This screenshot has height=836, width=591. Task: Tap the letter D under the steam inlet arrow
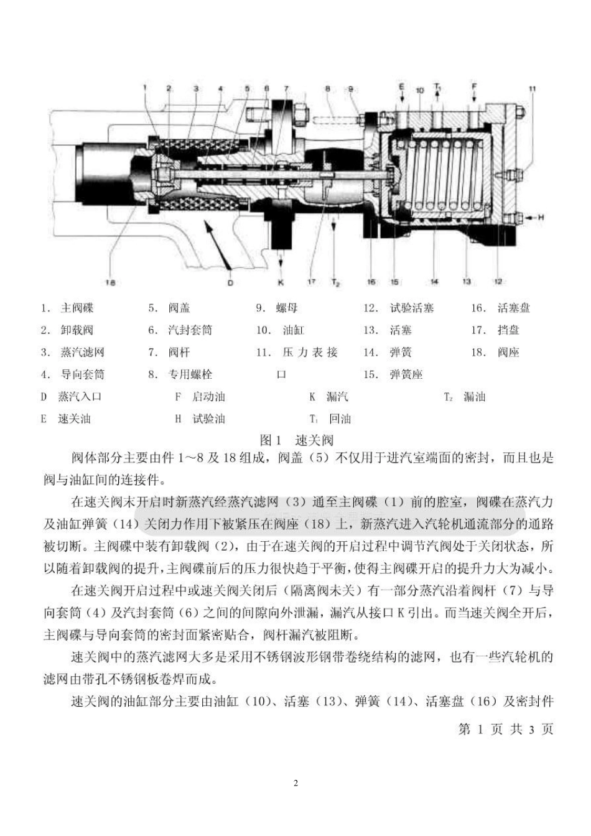coord(230,283)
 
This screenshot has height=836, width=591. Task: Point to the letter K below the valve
coord(281,282)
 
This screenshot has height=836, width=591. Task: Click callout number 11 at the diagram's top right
coord(532,89)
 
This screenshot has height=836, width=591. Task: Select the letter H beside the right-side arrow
coord(541,217)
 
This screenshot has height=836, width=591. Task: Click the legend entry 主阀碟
coord(77,308)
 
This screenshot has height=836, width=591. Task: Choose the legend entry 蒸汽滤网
coord(82,353)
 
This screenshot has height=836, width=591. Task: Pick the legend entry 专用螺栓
coord(190,374)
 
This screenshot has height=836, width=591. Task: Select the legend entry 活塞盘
coord(513,308)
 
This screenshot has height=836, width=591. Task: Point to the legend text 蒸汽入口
coord(80,397)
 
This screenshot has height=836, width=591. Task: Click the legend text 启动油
coord(208,397)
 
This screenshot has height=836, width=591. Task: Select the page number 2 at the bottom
coord(295,783)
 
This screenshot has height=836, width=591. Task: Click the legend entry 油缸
coord(293,330)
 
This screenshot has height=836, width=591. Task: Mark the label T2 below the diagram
coord(335,283)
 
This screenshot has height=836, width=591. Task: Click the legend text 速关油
coord(74,419)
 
